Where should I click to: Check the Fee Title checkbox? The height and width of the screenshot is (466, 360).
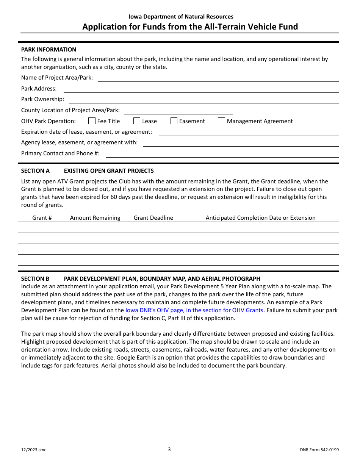pyautogui.click(x=92, y=121)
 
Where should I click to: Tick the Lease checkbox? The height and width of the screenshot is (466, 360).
pyautogui.click(x=137, y=121)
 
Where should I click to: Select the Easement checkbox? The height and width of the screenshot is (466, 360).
pyautogui.click(x=174, y=121)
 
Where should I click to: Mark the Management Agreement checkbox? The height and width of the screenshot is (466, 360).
pyautogui.click(x=222, y=121)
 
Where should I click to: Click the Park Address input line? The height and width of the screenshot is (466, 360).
pyautogui.click(x=201, y=89)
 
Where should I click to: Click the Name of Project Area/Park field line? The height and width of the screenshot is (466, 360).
pyautogui.click(x=218, y=78)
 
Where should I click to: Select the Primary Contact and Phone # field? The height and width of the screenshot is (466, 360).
pyautogui.click(x=222, y=154)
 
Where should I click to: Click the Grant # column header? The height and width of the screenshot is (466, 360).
pyautogui.click(x=42, y=218)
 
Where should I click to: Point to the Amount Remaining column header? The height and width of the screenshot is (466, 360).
pyautogui.click(x=95, y=218)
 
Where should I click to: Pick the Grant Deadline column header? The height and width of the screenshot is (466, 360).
pyautogui.click(x=153, y=218)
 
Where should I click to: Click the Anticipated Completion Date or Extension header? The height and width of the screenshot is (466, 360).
pyautogui.click(x=260, y=218)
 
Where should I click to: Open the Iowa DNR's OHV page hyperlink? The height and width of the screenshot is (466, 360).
pyautogui.click(x=194, y=310)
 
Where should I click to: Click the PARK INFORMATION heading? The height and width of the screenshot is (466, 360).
pyautogui.click(x=49, y=50)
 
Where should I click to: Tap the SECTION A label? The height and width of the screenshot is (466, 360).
pyautogui.click(x=35, y=171)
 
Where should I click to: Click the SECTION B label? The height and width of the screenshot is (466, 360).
pyautogui.click(x=35, y=279)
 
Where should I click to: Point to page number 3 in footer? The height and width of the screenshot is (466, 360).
pyautogui.click(x=169, y=450)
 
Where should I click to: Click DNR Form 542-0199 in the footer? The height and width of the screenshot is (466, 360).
pyautogui.click(x=319, y=450)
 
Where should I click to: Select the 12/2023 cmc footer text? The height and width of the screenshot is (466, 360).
pyautogui.click(x=34, y=450)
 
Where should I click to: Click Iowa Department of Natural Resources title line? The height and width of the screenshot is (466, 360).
pyautogui.click(x=181, y=17)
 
